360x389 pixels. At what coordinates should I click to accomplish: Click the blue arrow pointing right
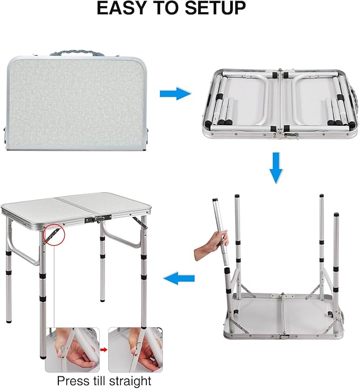click(x=175, y=94)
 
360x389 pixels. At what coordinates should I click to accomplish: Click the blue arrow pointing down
click(x=276, y=167)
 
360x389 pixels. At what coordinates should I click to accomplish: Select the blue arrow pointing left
click(x=179, y=277)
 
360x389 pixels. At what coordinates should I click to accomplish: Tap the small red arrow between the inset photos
click(x=104, y=350)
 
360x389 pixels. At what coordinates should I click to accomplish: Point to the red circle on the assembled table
click(x=55, y=234)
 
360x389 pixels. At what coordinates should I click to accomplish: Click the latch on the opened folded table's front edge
click(x=280, y=136)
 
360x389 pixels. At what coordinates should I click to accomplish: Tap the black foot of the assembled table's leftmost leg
click(x=8, y=320)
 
